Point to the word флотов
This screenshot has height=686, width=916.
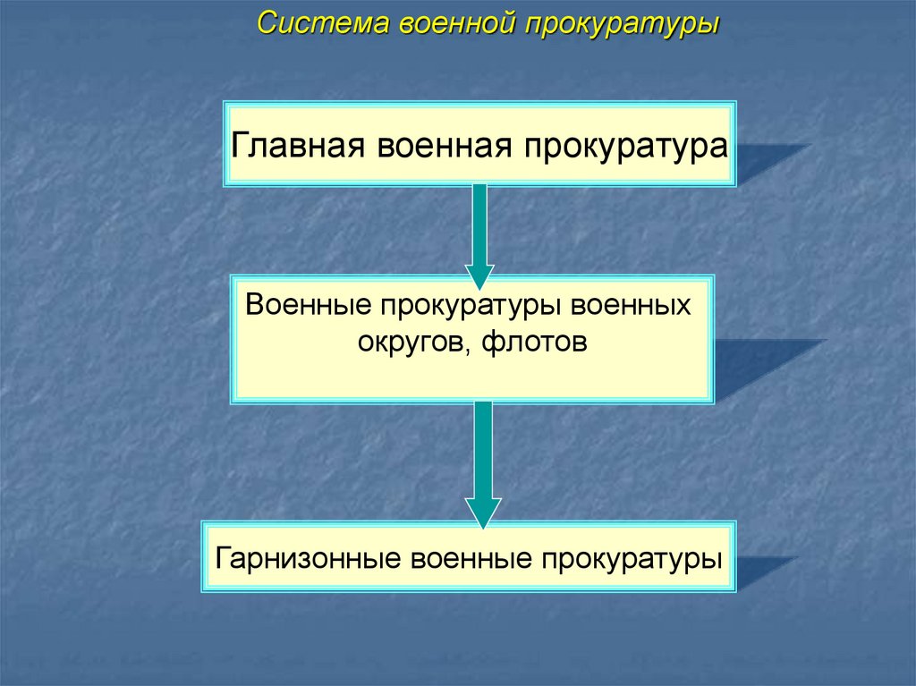click(x=539, y=342)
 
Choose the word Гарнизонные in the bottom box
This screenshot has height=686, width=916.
click(x=307, y=559)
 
